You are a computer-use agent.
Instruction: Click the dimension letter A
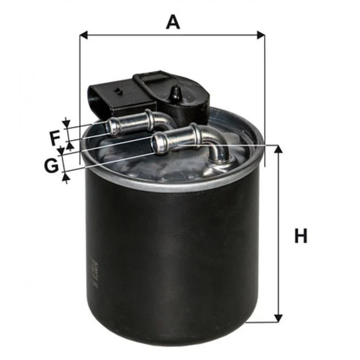click(173, 22)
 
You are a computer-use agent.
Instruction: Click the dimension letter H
click(301, 235)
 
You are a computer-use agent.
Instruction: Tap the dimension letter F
click(55, 138)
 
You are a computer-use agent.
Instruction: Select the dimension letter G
click(52, 166)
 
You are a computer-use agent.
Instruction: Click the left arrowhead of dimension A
click(84, 35)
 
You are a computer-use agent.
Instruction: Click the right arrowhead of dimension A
click(261, 35)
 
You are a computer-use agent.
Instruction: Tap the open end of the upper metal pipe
click(110, 126)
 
